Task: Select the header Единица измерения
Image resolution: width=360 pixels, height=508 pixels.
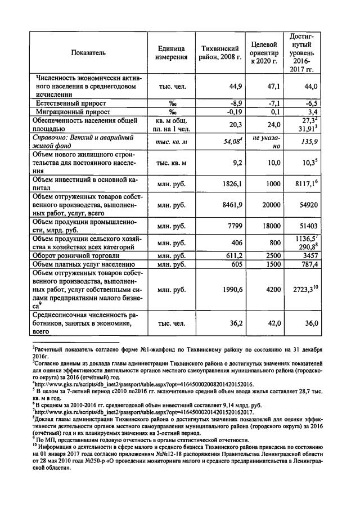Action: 168,53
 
